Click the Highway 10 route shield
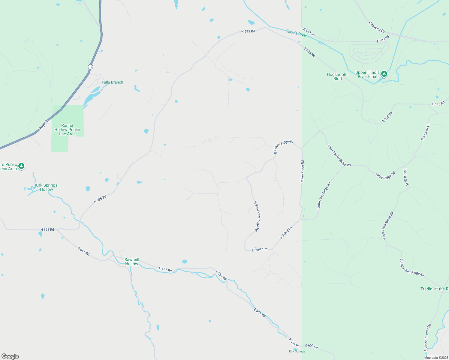90,67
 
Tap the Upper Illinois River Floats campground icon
384,74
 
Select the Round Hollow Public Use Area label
67,130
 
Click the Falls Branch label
112,82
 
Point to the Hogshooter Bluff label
338,76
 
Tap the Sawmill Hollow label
132,262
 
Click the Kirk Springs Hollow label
46,187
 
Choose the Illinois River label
297,33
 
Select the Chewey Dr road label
376,27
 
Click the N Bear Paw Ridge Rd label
257,216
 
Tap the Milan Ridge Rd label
302,171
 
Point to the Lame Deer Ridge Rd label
324,195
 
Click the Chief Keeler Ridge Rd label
339,155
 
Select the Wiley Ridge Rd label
385,175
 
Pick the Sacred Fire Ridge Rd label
388,226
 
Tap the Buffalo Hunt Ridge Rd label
412,268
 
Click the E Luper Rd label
259,249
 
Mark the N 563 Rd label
47,230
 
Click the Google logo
10,356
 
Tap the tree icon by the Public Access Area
21,166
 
